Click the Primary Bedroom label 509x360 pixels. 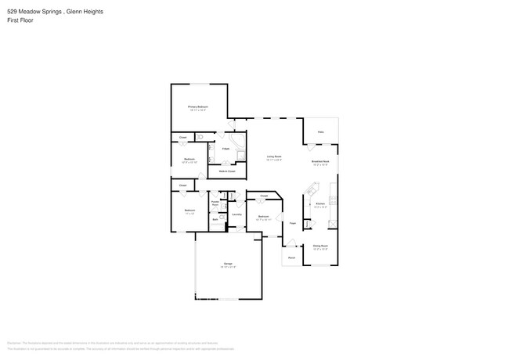(197, 106)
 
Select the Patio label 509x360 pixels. (320, 132)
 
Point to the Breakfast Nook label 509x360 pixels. (320, 161)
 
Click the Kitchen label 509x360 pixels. (319, 203)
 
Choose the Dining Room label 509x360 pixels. (320, 246)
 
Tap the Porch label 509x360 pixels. (291, 257)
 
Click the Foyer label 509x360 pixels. (291, 224)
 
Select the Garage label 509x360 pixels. (228, 265)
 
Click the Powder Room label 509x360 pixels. (215, 202)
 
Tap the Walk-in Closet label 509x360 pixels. (227, 171)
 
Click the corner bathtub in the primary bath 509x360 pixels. (240, 155)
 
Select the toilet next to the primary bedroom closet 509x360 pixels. (200, 138)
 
